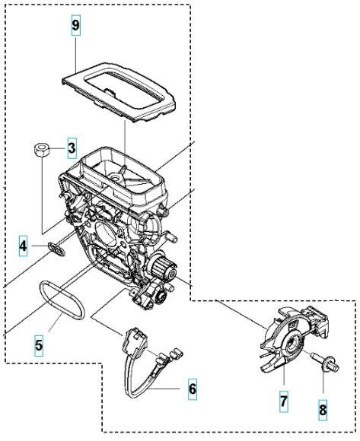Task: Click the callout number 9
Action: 75,25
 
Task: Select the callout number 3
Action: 71,147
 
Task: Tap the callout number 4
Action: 24,246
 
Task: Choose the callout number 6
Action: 192,389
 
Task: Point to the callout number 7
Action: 282,400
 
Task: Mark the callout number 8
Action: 322,410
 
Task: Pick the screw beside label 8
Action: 327,367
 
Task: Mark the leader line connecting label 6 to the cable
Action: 168,389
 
